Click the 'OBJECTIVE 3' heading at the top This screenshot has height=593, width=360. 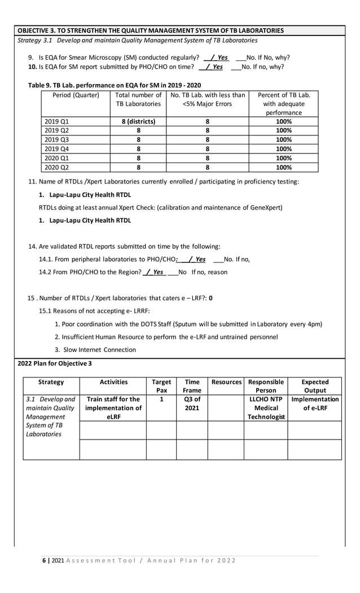[151, 30]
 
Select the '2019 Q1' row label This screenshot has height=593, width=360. [56, 121]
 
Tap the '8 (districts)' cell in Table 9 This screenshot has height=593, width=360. [138, 121]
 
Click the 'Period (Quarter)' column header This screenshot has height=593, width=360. [76, 95]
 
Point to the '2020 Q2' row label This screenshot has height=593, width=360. [56, 167]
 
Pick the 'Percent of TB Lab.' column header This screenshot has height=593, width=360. [283, 95]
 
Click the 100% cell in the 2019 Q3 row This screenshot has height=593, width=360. [283, 139]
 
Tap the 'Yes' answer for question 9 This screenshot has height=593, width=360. [222, 58]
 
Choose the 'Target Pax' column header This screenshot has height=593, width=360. [161, 386]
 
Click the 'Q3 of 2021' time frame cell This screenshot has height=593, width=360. [192, 403]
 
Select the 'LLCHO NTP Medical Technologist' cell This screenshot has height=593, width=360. [266, 408]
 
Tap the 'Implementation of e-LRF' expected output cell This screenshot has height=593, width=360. [314, 403]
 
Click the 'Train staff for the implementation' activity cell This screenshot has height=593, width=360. [113, 408]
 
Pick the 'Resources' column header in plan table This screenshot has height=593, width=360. [226, 382]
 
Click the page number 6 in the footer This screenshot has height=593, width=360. [45, 560]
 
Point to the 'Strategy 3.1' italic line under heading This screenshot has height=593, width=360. [138, 41]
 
